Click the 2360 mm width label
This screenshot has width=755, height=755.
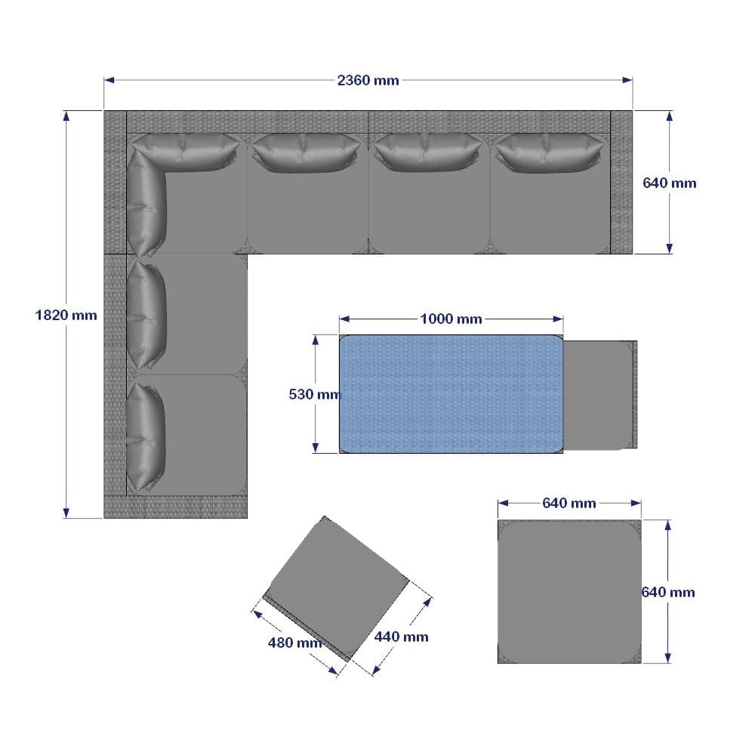[x=368, y=80]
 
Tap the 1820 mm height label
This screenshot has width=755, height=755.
[x=66, y=315]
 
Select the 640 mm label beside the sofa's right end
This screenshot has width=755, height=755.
[x=669, y=183]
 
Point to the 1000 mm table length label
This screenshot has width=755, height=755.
[x=451, y=319]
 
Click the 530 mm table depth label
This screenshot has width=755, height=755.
[x=315, y=393]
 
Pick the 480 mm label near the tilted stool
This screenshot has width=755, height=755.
[x=294, y=643]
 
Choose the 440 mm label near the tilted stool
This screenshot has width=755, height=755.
[x=401, y=636]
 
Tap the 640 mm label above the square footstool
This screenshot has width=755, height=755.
[x=569, y=503]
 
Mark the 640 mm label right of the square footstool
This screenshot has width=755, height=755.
[x=667, y=592]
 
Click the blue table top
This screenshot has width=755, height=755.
[x=451, y=393]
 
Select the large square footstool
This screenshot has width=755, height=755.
[x=569, y=592]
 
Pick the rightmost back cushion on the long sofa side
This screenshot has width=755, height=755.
[x=547, y=153]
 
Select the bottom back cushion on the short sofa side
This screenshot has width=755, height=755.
[x=146, y=436]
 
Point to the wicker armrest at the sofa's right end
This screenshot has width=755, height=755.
[x=621, y=182]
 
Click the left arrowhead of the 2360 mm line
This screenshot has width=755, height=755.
[x=107, y=80]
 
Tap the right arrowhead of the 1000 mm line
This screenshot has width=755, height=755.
[x=559, y=319]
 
